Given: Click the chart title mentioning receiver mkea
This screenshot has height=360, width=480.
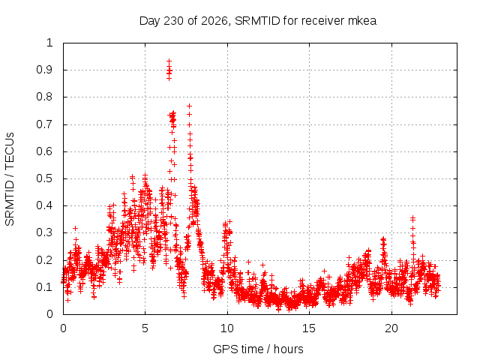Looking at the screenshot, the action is pyautogui.click(x=258, y=21).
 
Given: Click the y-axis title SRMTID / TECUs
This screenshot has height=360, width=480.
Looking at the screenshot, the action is pyautogui.click(x=10, y=179).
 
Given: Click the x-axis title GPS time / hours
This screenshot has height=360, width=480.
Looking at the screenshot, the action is pyautogui.click(x=258, y=349).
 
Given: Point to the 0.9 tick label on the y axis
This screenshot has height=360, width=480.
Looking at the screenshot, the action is pyautogui.click(x=45, y=70).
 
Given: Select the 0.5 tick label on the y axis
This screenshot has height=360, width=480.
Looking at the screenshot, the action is pyautogui.click(x=45, y=178).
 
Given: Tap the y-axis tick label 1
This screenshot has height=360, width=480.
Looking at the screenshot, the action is pyautogui.click(x=49, y=43).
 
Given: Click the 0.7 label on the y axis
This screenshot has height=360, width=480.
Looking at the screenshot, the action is pyautogui.click(x=45, y=124).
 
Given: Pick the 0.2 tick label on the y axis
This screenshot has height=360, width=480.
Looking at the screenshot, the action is pyautogui.click(x=45, y=260).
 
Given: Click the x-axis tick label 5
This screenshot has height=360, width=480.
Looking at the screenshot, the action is pyautogui.click(x=145, y=328).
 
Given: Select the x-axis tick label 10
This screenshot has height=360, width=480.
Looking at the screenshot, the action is pyautogui.click(x=227, y=328).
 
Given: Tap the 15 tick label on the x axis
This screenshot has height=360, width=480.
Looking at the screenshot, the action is pyautogui.click(x=309, y=328).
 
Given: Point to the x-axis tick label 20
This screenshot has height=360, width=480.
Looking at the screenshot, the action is pyautogui.click(x=391, y=328).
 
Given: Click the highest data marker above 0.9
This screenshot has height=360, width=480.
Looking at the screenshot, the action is pyautogui.click(x=169, y=61).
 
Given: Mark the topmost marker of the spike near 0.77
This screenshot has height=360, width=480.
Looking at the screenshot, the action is pyautogui.click(x=190, y=106).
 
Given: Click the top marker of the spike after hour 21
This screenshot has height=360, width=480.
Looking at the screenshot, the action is pyautogui.click(x=413, y=218).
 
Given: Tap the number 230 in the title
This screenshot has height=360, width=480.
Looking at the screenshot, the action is pyautogui.click(x=173, y=21).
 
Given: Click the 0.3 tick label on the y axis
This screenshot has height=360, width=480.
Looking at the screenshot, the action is pyautogui.click(x=45, y=232).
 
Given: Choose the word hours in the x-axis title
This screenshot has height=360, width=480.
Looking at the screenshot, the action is pyautogui.click(x=289, y=349).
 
